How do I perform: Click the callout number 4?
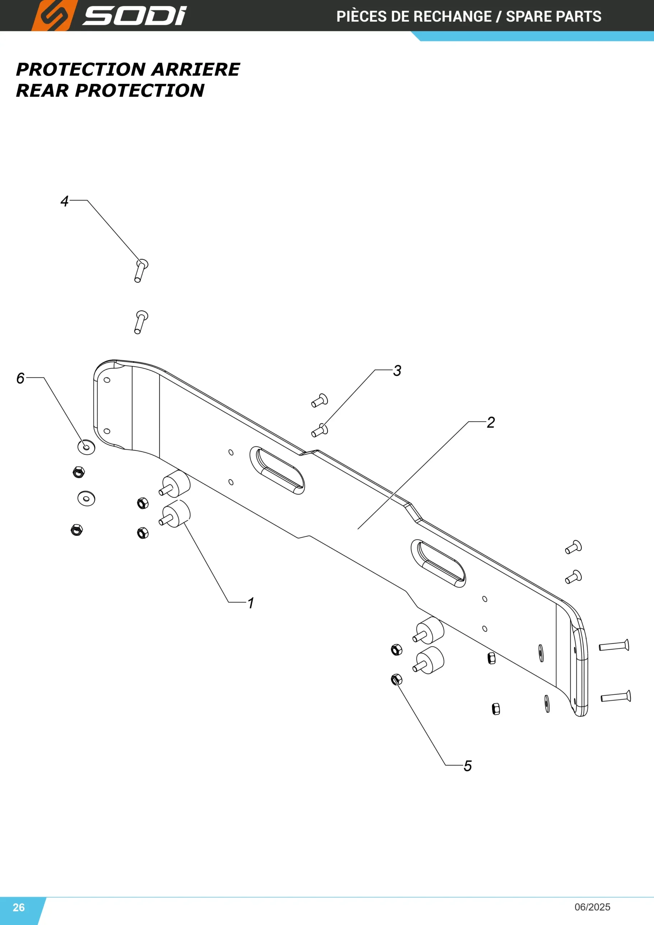pos(64,201)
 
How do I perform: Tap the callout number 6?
pos(20,378)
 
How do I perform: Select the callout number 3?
pos(397,371)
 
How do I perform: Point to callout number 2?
pos(490,422)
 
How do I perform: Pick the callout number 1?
pos(251,603)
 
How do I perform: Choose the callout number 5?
pos(468,766)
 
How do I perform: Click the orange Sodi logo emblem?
pos(53,15)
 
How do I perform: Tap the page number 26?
pos(18,907)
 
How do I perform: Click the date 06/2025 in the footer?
pos(592,907)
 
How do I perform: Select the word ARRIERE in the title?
pos(196,69)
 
